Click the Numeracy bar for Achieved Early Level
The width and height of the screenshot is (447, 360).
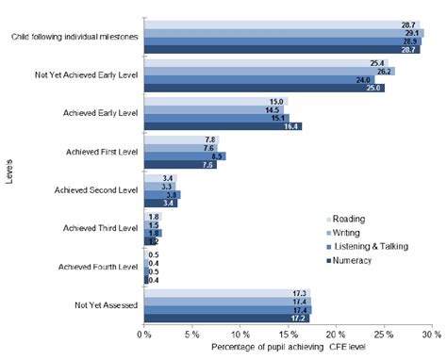(223, 124)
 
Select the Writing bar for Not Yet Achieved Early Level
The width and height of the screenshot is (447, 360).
(269, 71)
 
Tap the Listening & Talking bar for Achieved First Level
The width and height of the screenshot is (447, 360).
(184, 155)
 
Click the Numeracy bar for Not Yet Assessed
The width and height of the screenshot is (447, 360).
(226, 319)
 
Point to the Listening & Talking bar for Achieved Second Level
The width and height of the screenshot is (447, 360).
(161, 194)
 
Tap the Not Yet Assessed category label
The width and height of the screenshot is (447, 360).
(106, 305)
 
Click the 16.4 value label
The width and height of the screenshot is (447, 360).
(291, 124)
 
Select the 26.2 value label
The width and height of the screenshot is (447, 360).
(385, 71)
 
